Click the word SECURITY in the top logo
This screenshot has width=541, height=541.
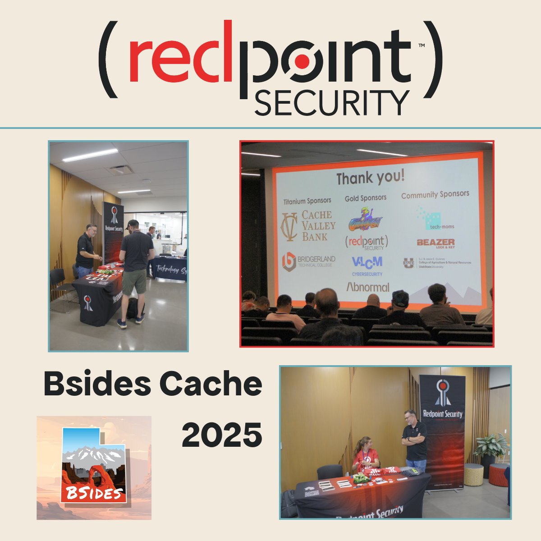(331, 103)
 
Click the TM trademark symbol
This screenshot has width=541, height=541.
(422, 46)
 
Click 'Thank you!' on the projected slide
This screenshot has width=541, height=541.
(371, 177)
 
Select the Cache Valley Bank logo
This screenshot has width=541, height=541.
(309, 226)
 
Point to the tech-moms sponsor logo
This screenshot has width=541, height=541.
(435, 220)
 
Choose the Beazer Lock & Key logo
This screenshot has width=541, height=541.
(436, 243)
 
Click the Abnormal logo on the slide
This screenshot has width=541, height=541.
(367, 286)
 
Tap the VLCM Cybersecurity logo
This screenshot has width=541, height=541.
(367, 265)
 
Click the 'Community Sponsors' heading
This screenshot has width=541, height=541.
(435, 194)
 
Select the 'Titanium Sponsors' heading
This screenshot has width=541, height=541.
(307, 201)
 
